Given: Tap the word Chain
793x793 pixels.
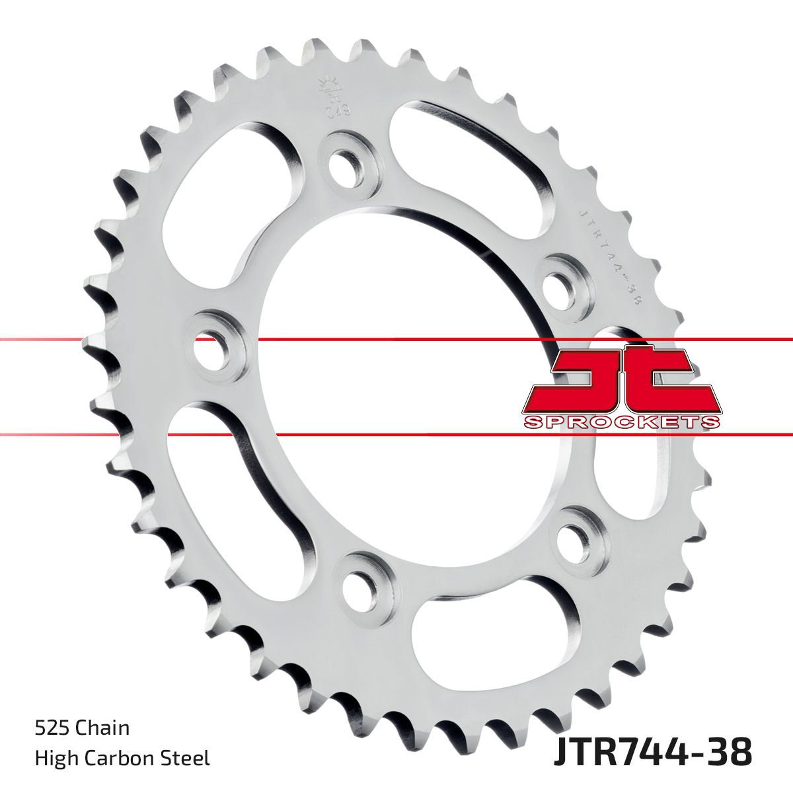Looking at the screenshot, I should (x=102, y=728).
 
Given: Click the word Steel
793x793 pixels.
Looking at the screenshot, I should (x=188, y=758).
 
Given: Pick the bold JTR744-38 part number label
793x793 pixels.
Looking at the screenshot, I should (x=652, y=753).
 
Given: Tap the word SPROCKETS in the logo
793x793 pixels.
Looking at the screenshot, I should (x=621, y=422).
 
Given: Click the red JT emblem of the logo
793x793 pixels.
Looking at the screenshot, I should (x=621, y=380).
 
